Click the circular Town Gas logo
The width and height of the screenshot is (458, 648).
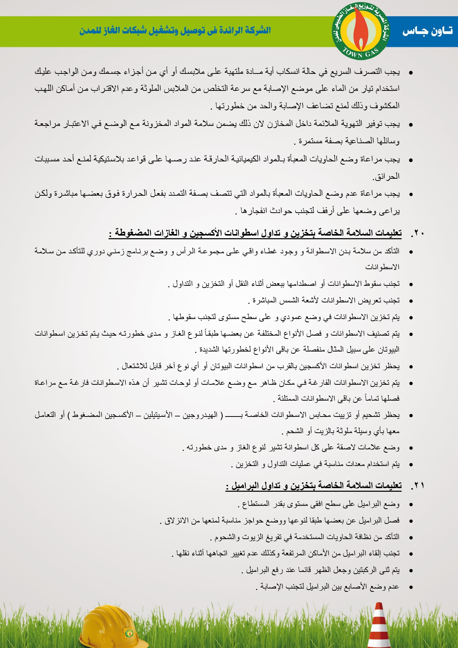(x=360, y=31)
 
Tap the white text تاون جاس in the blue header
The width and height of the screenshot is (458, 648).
(x=427, y=31)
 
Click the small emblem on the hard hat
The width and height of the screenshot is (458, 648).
(x=129, y=634)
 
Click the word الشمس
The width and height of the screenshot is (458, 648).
(x=289, y=301)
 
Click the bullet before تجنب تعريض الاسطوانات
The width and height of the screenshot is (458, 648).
(x=410, y=301)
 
